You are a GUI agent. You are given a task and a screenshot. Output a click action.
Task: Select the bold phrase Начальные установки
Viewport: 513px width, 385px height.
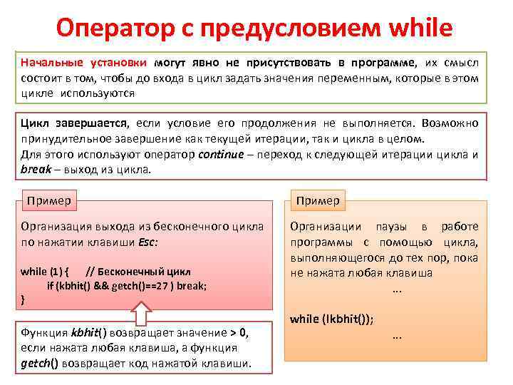pyautogui.click(x=84, y=63)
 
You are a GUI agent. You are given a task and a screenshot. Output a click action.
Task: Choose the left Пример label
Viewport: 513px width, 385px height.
pyautogui.click(x=49, y=200)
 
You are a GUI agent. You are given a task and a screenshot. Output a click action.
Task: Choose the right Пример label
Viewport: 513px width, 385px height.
pyautogui.click(x=318, y=200)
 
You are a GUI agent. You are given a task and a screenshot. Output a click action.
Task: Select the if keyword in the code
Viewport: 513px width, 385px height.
pyautogui.click(x=51, y=286)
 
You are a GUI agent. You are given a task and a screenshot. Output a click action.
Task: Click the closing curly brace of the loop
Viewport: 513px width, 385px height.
pyautogui.click(x=24, y=300)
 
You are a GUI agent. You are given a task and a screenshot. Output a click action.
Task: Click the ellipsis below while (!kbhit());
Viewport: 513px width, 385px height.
pyautogui.click(x=397, y=336)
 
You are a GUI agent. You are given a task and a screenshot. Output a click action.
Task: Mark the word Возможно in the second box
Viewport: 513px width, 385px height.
pyautogui.click(x=454, y=123)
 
